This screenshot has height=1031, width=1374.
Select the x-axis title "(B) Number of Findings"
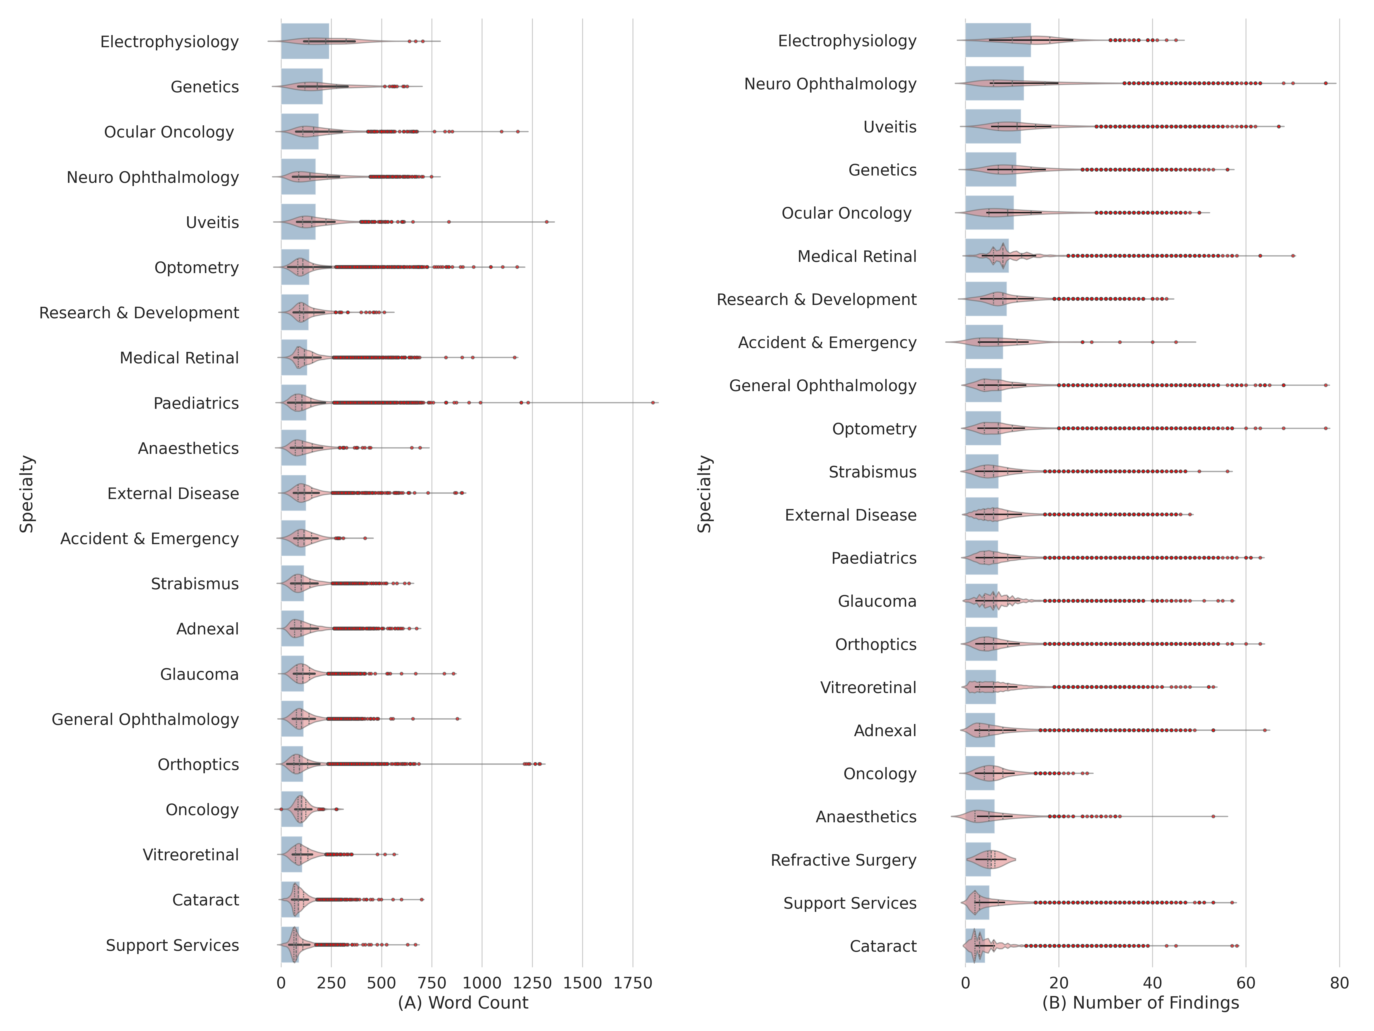pos(1140,1002)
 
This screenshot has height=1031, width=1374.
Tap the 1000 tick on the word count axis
pos(481,982)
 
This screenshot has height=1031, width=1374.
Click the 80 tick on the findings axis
pos(1339,982)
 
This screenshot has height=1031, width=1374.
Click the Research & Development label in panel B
pos(816,299)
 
